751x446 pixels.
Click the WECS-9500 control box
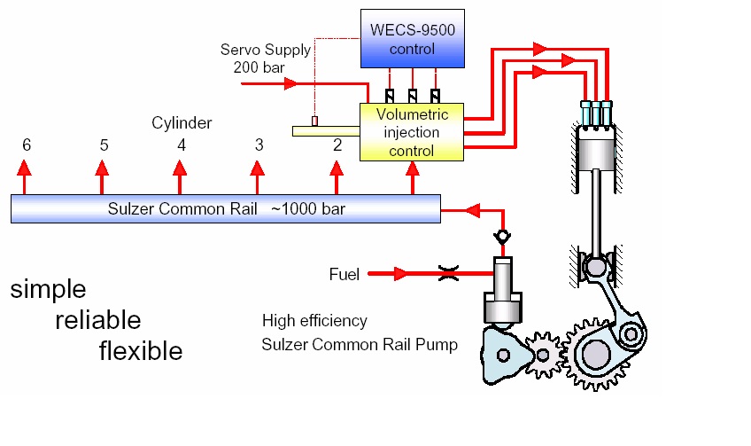pyautogui.click(x=412, y=38)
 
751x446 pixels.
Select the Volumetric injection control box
pyautogui.click(x=412, y=132)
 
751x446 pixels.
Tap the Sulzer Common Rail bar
pyautogui.click(x=225, y=209)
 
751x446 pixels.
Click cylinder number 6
pyautogui.click(x=27, y=145)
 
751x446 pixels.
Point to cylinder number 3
pyautogui.click(x=259, y=145)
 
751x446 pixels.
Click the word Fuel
pyautogui.click(x=344, y=275)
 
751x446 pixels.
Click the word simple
pyautogui.click(x=48, y=290)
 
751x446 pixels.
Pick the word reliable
pyautogui.click(x=97, y=320)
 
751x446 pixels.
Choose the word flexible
pyautogui.click(x=141, y=351)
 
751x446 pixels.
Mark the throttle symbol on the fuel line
pyautogui.click(x=449, y=275)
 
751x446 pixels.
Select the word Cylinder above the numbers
pyautogui.click(x=182, y=123)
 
